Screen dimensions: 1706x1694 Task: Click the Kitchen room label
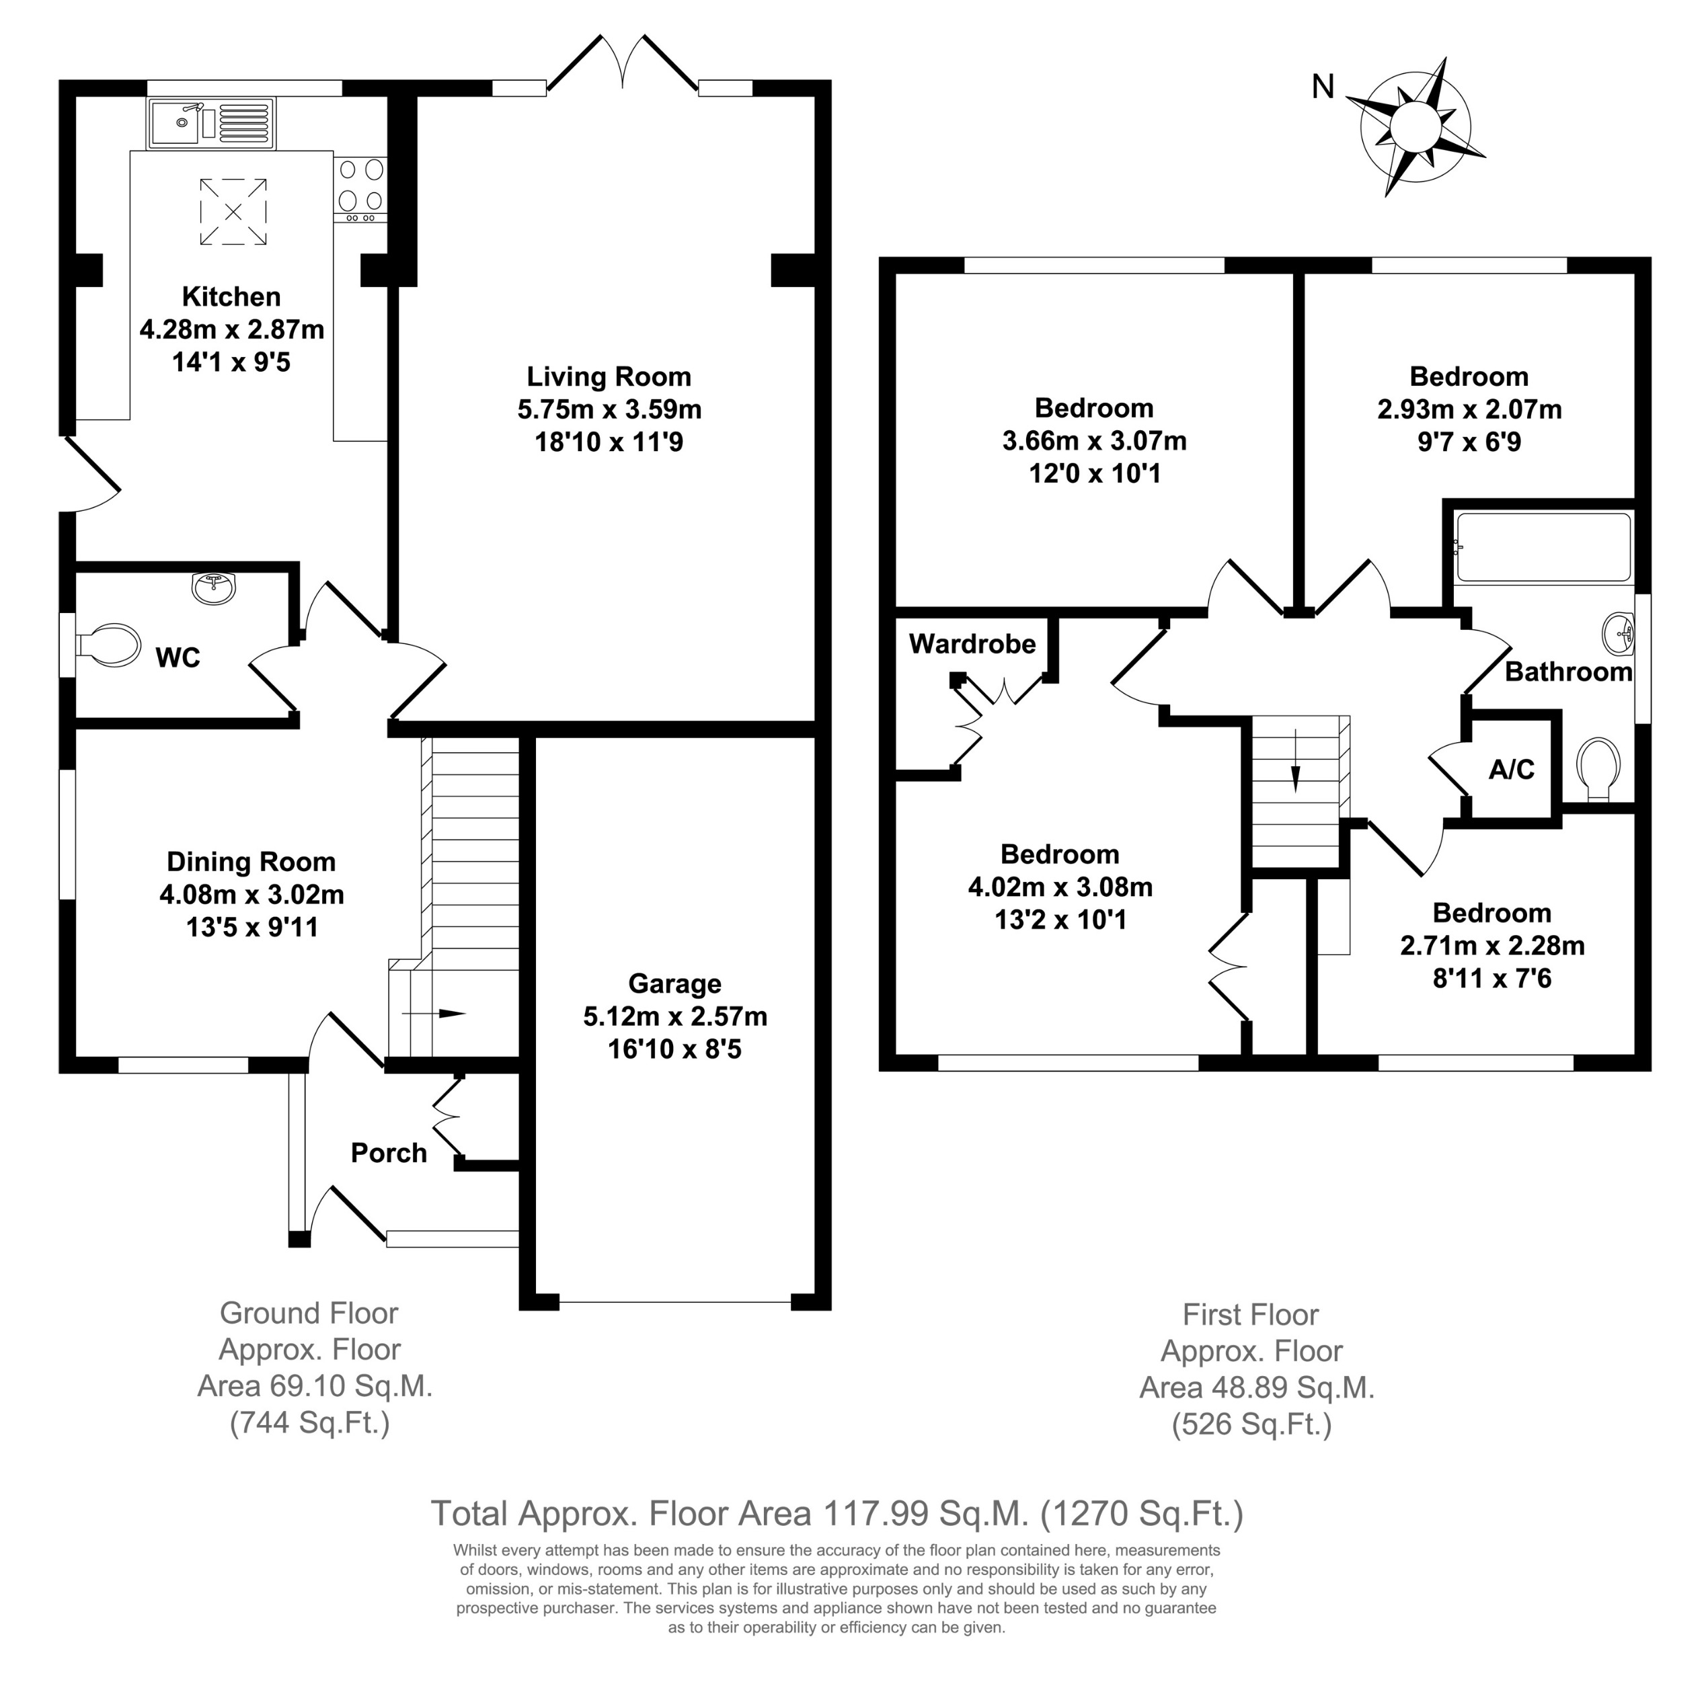coord(231,296)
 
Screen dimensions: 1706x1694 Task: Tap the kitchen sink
coord(212,123)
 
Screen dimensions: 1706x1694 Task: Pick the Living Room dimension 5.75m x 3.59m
coord(609,409)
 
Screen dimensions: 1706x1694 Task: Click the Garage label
coord(674,983)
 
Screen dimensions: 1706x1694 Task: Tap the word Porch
coord(389,1153)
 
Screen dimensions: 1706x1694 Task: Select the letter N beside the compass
coord(1323,87)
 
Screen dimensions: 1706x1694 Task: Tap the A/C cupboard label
coord(1512,770)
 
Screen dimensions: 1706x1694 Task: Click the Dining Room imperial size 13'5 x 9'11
coord(251,928)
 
